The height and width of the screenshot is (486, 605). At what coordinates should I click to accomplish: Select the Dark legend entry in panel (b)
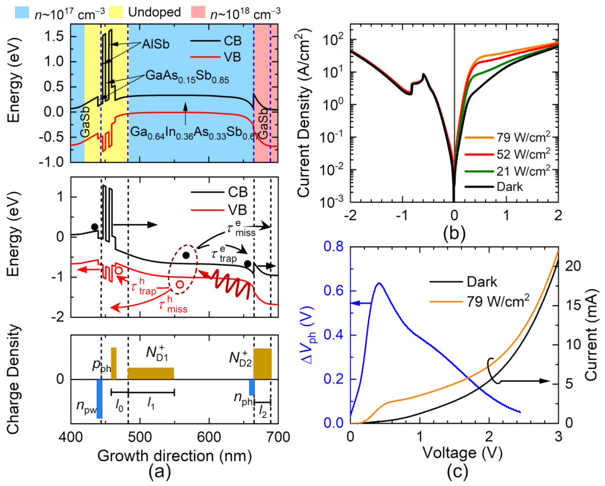(509, 187)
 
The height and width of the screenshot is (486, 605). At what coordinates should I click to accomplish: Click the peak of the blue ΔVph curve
(378, 283)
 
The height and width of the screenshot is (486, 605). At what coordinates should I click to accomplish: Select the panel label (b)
(454, 233)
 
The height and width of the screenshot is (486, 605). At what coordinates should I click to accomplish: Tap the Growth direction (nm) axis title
(174, 456)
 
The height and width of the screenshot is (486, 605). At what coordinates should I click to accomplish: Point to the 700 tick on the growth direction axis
(278, 437)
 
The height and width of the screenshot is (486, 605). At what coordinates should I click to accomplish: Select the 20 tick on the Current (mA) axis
(573, 266)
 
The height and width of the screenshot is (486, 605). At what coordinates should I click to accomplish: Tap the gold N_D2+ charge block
(263, 364)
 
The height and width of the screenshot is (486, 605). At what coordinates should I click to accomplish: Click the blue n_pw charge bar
(100, 399)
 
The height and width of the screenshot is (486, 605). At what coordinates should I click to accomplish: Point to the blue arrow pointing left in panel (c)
(360, 303)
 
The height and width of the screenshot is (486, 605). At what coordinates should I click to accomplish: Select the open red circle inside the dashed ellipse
(180, 284)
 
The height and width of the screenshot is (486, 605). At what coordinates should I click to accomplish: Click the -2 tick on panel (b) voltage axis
(350, 215)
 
